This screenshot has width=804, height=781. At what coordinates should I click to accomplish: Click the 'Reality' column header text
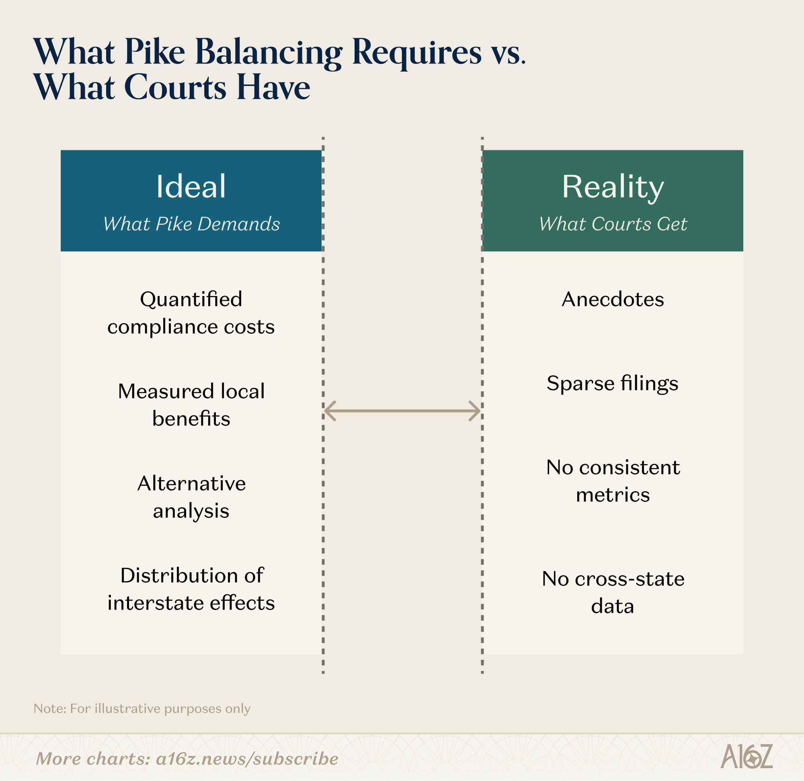(x=612, y=187)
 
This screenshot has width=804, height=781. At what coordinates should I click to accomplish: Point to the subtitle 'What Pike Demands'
(x=191, y=224)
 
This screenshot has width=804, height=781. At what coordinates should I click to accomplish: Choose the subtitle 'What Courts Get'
(x=612, y=224)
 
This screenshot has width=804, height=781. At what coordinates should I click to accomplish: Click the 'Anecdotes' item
(x=612, y=299)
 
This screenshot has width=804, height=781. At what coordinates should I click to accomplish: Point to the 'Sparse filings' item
(x=612, y=383)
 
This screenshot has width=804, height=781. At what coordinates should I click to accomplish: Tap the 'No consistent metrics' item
(x=612, y=481)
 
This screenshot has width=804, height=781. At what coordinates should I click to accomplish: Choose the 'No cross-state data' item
(x=612, y=592)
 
